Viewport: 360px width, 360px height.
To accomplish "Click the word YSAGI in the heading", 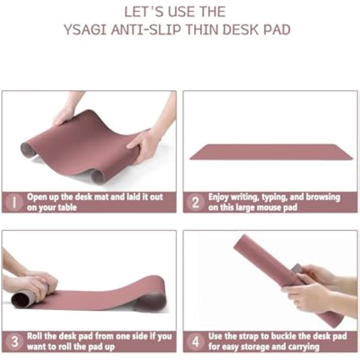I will pos(85,29).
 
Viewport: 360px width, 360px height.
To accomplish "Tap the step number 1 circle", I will pos(13,202).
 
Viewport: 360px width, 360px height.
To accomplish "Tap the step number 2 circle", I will pos(195,202).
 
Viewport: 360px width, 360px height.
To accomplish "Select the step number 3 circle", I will pos(13,341).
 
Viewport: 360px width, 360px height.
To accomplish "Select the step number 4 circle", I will pos(195,341).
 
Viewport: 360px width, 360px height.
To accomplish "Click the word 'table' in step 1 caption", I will pos(67,207).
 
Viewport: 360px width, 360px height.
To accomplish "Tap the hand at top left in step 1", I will pos(65,114).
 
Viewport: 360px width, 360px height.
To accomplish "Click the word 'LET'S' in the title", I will pos(142,11).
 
